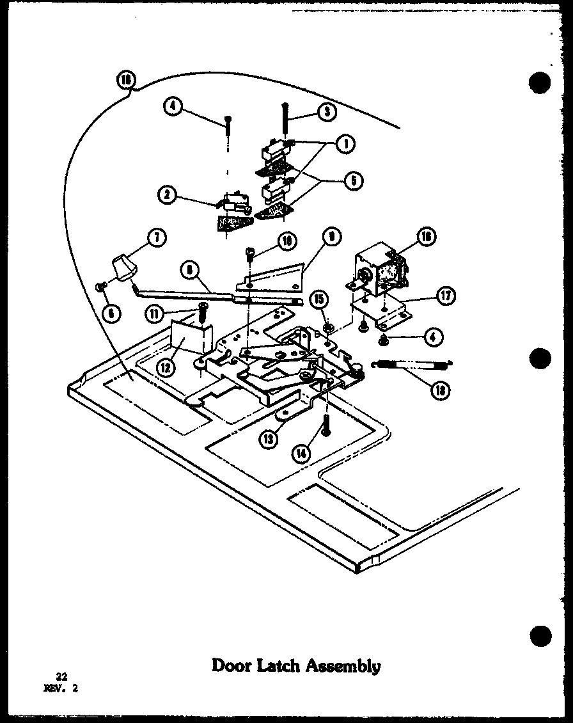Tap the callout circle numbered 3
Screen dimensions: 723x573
(326, 112)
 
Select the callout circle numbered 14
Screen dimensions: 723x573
(299, 452)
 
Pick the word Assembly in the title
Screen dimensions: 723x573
(345, 666)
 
